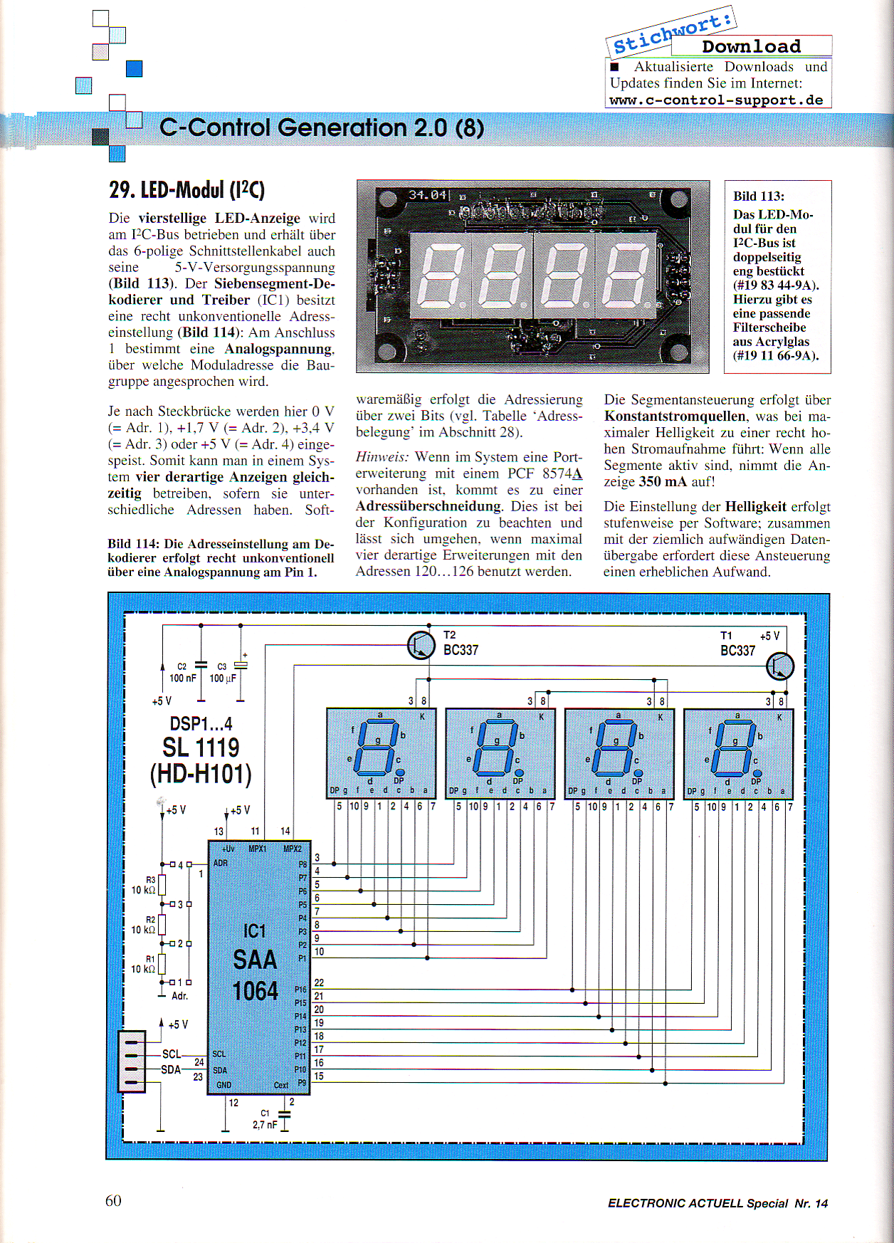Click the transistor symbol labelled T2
pos(421,645)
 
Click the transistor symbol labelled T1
pos(780,666)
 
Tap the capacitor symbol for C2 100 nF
pos(201,665)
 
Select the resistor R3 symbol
pos(162,884)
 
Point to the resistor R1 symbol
pos(162,963)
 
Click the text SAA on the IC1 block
pos(255,960)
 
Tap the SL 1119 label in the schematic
pos(201,748)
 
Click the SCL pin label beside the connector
pos(172,1054)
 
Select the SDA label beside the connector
pos(171,1069)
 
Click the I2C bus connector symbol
pos(132,1061)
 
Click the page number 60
pos(113,1200)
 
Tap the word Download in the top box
pos(751,46)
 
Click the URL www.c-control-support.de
pos(716,100)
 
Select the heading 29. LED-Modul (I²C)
pos(186,190)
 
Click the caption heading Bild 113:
pos(759,196)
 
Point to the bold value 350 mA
pos(663,481)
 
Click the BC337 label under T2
pos(461,650)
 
